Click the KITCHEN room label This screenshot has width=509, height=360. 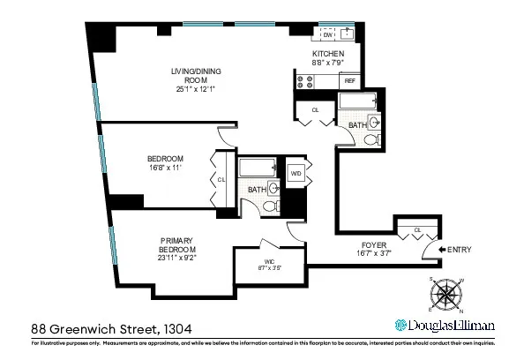pos(327,53)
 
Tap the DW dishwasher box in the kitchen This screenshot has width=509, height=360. pos(326,35)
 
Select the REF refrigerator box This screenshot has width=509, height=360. pos(349,80)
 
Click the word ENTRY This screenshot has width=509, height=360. pos(460,251)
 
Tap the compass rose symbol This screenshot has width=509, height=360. pos(446,294)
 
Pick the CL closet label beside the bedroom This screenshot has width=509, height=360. pos(221,180)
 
